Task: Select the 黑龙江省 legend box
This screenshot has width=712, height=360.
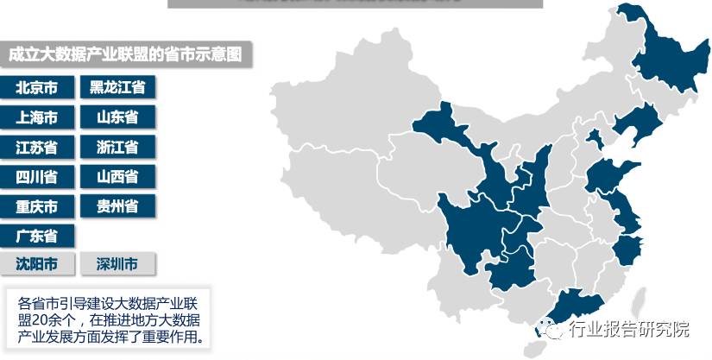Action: pyautogui.click(x=117, y=86)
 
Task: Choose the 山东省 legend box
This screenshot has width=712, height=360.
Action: pyautogui.click(x=117, y=117)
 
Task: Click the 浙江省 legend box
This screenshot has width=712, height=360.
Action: pyautogui.click(x=117, y=147)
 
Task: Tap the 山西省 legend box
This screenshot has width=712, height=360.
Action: pyautogui.click(x=117, y=177)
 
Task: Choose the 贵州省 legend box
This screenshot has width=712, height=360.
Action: pyautogui.click(x=117, y=206)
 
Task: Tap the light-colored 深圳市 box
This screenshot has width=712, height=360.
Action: pyautogui.click(x=117, y=264)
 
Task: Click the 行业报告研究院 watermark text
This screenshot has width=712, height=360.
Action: pyautogui.click(x=629, y=329)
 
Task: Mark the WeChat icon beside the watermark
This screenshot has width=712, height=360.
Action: pyautogui.click(x=551, y=329)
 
